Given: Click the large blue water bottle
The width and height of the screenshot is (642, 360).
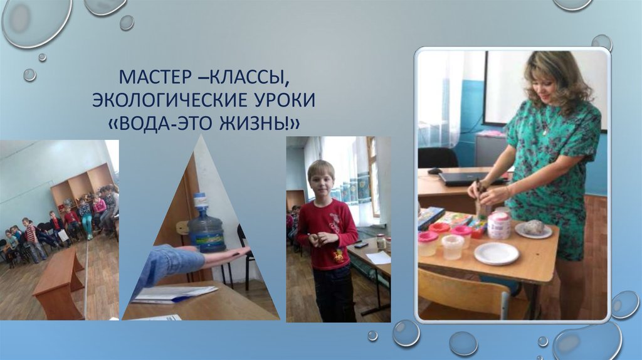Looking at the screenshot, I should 206,228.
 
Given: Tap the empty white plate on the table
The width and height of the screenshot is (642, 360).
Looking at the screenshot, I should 496,253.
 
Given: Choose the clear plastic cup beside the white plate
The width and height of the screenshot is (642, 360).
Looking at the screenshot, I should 453,246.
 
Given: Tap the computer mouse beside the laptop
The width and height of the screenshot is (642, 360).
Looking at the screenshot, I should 434,171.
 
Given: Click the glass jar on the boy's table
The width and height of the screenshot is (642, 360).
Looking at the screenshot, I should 381,241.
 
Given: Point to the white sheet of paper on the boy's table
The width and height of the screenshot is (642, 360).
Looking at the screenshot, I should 378,257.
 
